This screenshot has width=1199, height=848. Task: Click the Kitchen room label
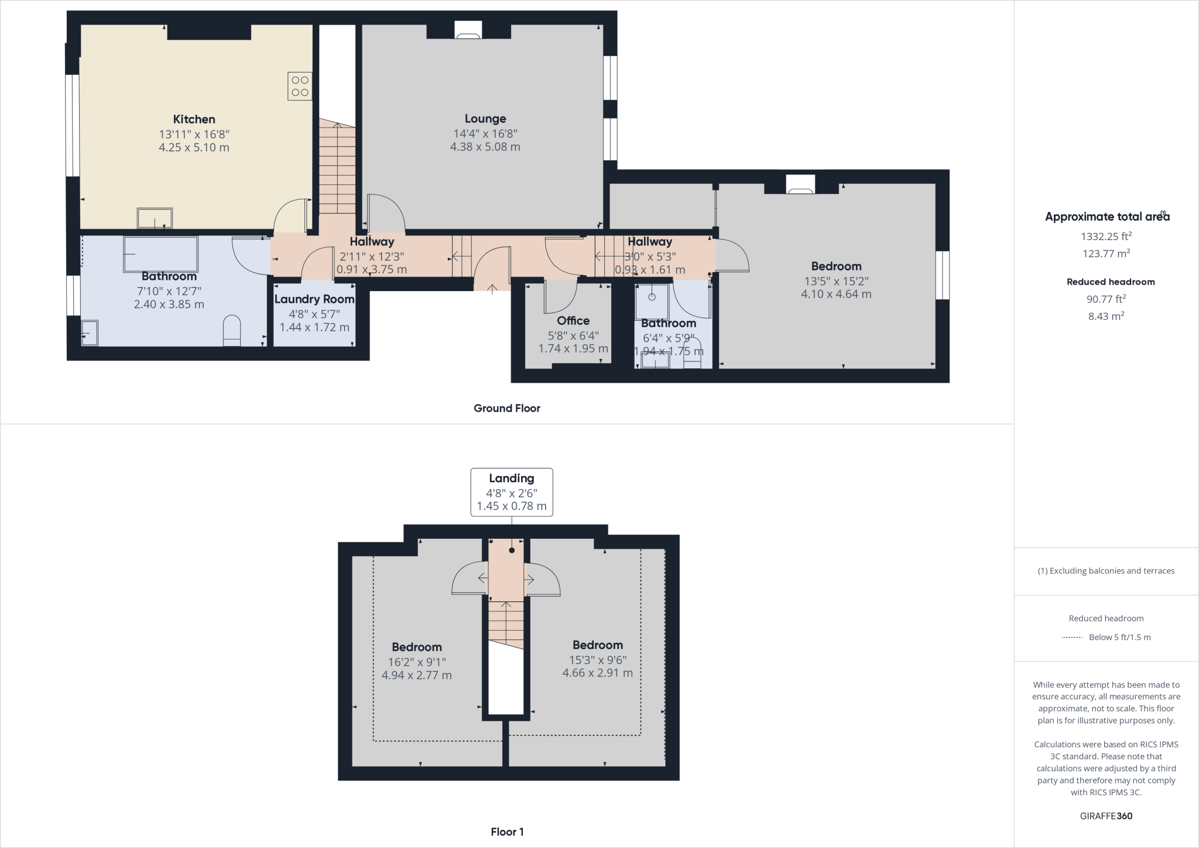pyautogui.click(x=194, y=119)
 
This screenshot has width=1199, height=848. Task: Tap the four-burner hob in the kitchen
pyautogui.click(x=300, y=86)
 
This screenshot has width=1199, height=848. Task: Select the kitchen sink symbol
pyautogui.click(x=155, y=218)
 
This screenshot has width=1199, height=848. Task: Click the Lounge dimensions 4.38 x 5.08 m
pyautogui.click(x=485, y=147)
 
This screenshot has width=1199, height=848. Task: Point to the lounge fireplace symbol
pyautogui.click(x=468, y=30)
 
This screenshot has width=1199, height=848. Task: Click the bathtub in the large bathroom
pyautogui.click(x=160, y=254)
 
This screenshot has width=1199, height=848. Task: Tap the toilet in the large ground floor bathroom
pyautogui.click(x=232, y=330)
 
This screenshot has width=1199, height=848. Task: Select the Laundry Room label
pyautogui.click(x=314, y=299)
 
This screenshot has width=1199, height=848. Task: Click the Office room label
pyautogui.click(x=573, y=320)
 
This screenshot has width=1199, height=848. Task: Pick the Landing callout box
pyautogui.click(x=512, y=492)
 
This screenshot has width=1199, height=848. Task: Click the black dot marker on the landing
pyautogui.click(x=512, y=550)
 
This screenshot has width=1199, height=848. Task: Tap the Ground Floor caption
pyautogui.click(x=506, y=408)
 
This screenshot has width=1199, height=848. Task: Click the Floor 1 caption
pyautogui.click(x=507, y=832)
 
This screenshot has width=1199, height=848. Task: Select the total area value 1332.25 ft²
pyautogui.click(x=1106, y=237)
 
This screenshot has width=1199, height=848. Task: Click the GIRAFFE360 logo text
pyautogui.click(x=1106, y=816)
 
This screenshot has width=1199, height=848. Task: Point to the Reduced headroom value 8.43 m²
pyautogui.click(x=1106, y=316)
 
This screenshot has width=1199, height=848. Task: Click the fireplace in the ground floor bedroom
pyautogui.click(x=800, y=184)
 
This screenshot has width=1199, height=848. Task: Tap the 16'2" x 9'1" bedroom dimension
pyautogui.click(x=416, y=662)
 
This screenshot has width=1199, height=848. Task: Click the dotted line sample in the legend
pyautogui.click(x=1071, y=637)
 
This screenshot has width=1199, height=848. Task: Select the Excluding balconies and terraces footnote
pyautogui.click(x=1106, y=571)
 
